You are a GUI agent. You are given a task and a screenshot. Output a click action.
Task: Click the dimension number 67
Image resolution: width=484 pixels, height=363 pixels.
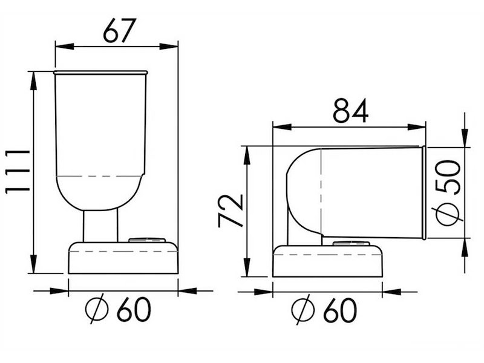(119, 31)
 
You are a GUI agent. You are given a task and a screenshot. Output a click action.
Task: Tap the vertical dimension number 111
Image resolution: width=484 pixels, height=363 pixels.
(18, 171)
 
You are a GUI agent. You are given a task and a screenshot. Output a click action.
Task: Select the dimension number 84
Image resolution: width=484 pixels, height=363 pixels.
(351, 111)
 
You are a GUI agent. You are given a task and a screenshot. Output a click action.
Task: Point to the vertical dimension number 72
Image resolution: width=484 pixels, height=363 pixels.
(231, 211)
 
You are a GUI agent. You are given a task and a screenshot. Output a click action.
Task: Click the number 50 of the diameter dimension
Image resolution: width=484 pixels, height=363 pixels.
(448, 177)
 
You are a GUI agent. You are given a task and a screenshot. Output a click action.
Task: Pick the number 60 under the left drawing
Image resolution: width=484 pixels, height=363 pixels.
(134, 310)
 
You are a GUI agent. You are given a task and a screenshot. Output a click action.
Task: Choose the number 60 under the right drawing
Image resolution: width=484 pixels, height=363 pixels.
(340, 310)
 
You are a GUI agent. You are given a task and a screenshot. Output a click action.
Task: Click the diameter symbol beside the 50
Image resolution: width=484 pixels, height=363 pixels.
(448, 215)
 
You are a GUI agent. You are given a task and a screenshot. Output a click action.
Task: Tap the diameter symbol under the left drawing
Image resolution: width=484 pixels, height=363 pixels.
(97, 309)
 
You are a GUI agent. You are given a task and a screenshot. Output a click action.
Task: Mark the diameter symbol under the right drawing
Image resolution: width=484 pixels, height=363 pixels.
(303, 310)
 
